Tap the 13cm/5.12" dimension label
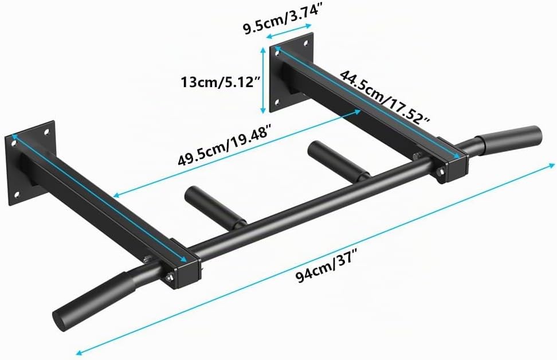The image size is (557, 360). [x=219, y=83]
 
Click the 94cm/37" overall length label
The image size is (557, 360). [x=326, y=268]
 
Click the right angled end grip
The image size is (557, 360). [x=501, y=139]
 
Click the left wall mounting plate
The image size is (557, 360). [x=30, y=163]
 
